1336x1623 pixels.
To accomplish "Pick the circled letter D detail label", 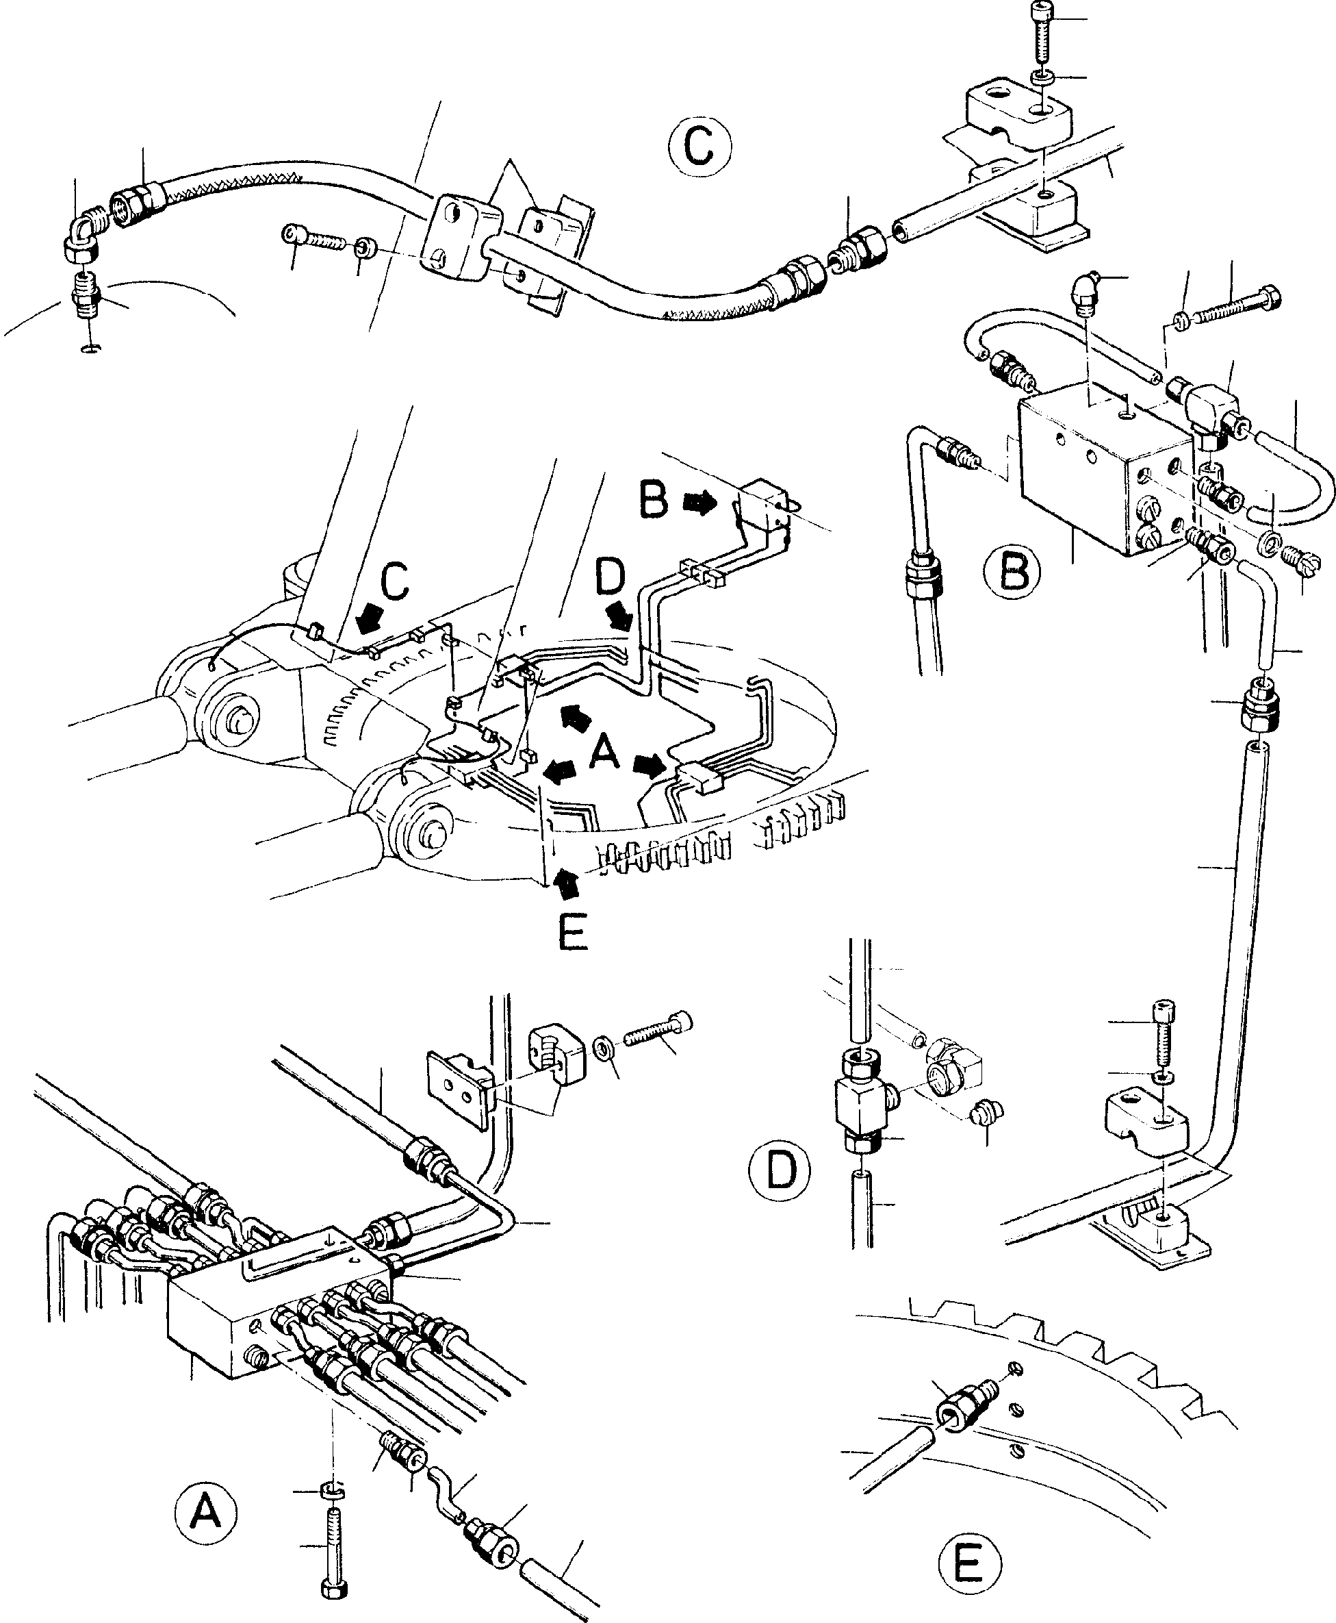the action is (780, 1191).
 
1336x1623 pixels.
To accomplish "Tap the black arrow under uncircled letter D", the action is (619, 615).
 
